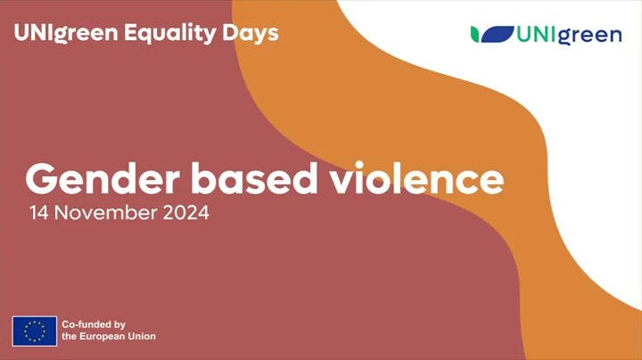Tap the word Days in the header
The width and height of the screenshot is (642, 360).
coord(251,33)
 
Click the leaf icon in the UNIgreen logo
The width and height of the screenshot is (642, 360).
coord(492,35)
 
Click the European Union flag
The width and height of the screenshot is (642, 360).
coord(35,331)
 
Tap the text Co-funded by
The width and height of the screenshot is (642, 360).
coord(94,324)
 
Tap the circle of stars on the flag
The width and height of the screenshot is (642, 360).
coord(35,331)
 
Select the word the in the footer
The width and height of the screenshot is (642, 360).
coord(70,337)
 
